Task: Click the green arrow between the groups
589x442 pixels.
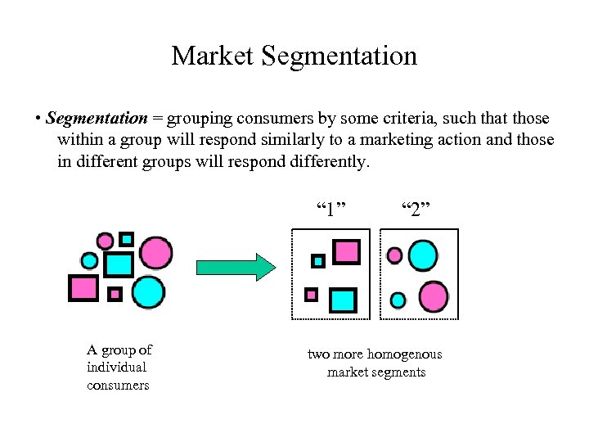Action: (237, 268)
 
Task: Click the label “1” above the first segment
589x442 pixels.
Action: (330, 209)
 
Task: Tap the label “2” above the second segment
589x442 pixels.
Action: (416, 209)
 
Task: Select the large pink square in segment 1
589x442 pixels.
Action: (347, 250)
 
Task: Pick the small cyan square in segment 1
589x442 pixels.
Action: (318, 261)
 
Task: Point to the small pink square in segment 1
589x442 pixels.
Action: (311, 294)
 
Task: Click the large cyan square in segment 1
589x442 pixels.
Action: (344, 300)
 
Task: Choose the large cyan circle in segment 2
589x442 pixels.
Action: (423, 255)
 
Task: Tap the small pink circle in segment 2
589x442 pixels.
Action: (394, 255)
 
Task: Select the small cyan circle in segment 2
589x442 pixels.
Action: (398, 300)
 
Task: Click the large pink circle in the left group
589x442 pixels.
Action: (156, 251)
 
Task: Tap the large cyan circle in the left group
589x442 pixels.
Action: (148, 291)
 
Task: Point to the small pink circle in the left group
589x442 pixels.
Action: (105, 241)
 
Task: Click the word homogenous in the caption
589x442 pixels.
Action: (404, 354)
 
